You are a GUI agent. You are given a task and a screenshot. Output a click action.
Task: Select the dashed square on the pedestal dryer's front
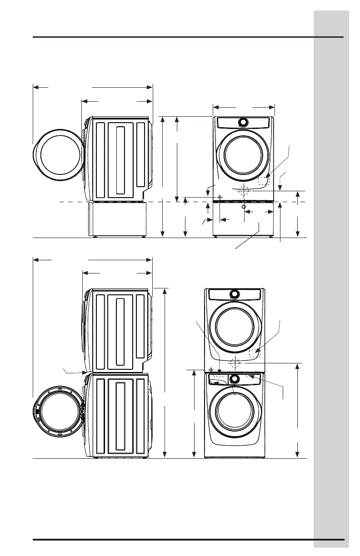264,181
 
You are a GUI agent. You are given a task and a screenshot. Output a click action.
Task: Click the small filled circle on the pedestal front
244,207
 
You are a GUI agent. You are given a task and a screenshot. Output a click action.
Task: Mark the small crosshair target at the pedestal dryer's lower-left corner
220,197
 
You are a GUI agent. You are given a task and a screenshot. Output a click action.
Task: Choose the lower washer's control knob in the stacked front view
235,378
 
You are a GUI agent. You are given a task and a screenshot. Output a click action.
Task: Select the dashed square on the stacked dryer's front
255,353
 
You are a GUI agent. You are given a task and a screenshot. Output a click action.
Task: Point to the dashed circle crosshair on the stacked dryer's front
234,363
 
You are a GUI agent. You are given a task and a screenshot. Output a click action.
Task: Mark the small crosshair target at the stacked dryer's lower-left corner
211,369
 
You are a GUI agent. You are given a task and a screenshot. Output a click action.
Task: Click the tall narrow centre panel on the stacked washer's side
120,416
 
